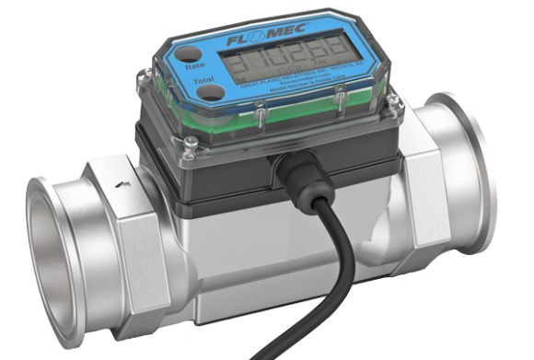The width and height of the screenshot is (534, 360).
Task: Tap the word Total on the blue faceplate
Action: (200, 80)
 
